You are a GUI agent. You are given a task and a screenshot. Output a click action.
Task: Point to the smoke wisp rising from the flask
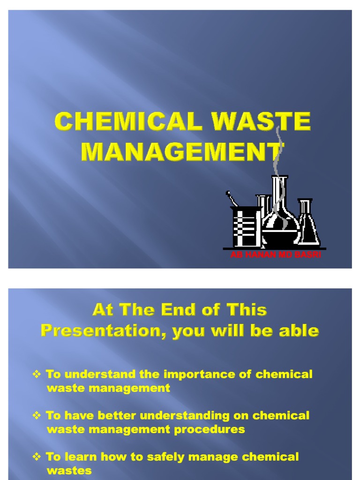point(278,150)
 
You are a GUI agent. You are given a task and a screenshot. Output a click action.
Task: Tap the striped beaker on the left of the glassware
point(246,227)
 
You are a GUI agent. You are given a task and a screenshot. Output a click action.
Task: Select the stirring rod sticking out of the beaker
point(232,198)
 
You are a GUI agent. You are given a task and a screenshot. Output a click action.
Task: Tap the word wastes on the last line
point(69,470)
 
